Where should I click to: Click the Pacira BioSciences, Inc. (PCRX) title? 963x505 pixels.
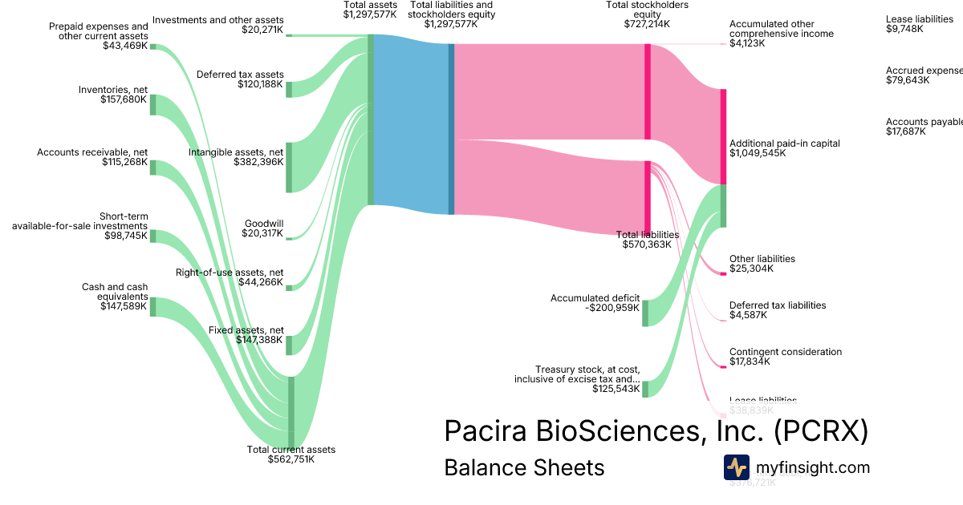click(x=656, y=431)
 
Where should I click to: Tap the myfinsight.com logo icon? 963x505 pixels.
click(x=736, y=467)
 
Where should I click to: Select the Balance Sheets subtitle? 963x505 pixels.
click(x=524, y=467)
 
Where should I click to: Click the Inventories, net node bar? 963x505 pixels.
click(x=153, y=104)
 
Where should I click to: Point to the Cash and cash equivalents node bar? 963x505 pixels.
click(x=153, y=306)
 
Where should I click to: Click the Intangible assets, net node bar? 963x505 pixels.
click(x=289, y=168)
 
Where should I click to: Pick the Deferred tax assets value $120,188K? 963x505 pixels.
click(x=260, y=84)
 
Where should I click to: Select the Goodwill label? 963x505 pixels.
click(x=267, y=224)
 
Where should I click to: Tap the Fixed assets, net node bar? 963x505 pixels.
click(x=289, y=345)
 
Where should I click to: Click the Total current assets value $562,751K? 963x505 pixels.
click(x=291, y=459)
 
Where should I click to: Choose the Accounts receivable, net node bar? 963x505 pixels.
click(x=153, y=167)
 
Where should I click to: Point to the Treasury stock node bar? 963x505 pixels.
click(x=645, y=389)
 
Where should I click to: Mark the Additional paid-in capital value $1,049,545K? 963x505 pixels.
click(x=758, y=152)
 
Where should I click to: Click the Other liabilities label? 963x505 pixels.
click(x=762, y=259)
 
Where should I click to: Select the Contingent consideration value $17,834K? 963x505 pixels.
click(x=750, y=362)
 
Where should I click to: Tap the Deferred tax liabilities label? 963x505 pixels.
click(x=777, y=305)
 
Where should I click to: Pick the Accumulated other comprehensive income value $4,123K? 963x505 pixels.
click(x=747, y=43)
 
